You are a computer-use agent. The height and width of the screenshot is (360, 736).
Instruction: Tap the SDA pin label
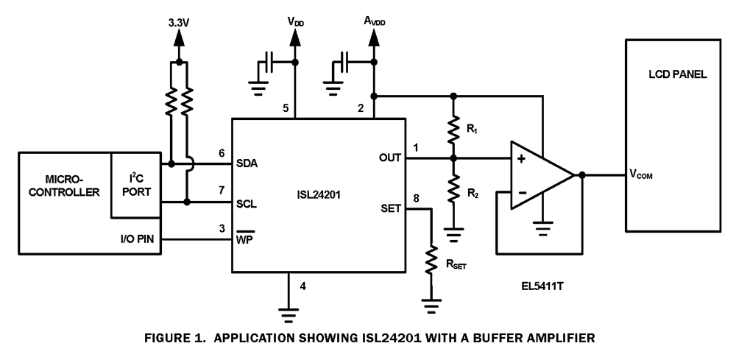247,163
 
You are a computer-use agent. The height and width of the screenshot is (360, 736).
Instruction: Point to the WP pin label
244,240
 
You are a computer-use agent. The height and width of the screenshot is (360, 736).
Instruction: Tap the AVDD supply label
373,22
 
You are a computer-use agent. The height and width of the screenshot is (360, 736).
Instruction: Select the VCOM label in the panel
643,176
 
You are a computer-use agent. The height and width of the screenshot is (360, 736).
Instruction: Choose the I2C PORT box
137,186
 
